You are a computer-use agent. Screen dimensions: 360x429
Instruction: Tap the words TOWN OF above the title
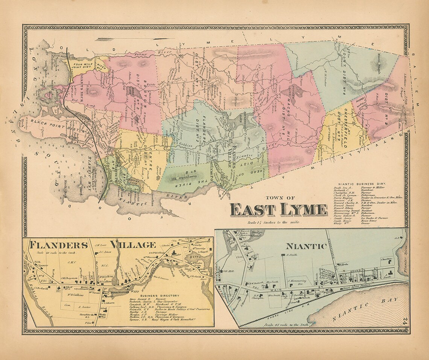[x=280, y=198]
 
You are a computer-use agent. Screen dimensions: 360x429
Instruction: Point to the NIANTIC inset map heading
[x=306, y=246]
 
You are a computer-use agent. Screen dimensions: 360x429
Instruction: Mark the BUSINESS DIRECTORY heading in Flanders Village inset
[x=161, y=296]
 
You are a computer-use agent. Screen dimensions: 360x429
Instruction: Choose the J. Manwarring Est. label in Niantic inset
[x=297, y=281]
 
